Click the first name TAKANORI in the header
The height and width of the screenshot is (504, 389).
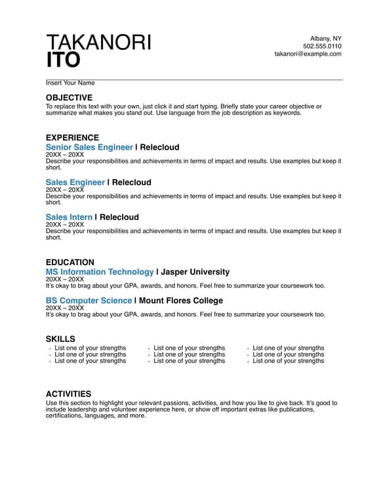click(x=98, y=42)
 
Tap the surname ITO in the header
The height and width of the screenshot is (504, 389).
click(x=63, y=60)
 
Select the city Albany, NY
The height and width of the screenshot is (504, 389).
click(x=325, y=38)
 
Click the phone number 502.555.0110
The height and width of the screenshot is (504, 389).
click(x=322, y=46)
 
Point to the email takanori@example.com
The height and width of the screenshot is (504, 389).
click(x=308, y=54)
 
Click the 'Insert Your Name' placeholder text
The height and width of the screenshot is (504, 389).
click(x=70, y=83)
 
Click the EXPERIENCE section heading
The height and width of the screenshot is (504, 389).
click(x=72, y=138)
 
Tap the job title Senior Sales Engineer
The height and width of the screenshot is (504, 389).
click(x=89, y=147)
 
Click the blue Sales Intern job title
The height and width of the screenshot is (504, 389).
click(x=69, y=217)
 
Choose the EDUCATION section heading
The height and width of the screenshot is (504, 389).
click(x=70, y=262)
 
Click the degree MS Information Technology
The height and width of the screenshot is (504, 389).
click(x=100, y=272)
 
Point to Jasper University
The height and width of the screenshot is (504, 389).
click(x=195, y=272)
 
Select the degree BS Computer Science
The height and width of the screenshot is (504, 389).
click(x=89, y=301)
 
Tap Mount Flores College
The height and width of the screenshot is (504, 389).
click(x=181, y=301)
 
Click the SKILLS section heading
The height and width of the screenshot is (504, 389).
click(x=60, y=339)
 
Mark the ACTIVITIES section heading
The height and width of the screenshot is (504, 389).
click(x=69, y=394)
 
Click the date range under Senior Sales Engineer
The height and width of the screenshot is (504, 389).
click(x=65, y=155)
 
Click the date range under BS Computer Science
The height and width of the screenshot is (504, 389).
click(x=65, y=308)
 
